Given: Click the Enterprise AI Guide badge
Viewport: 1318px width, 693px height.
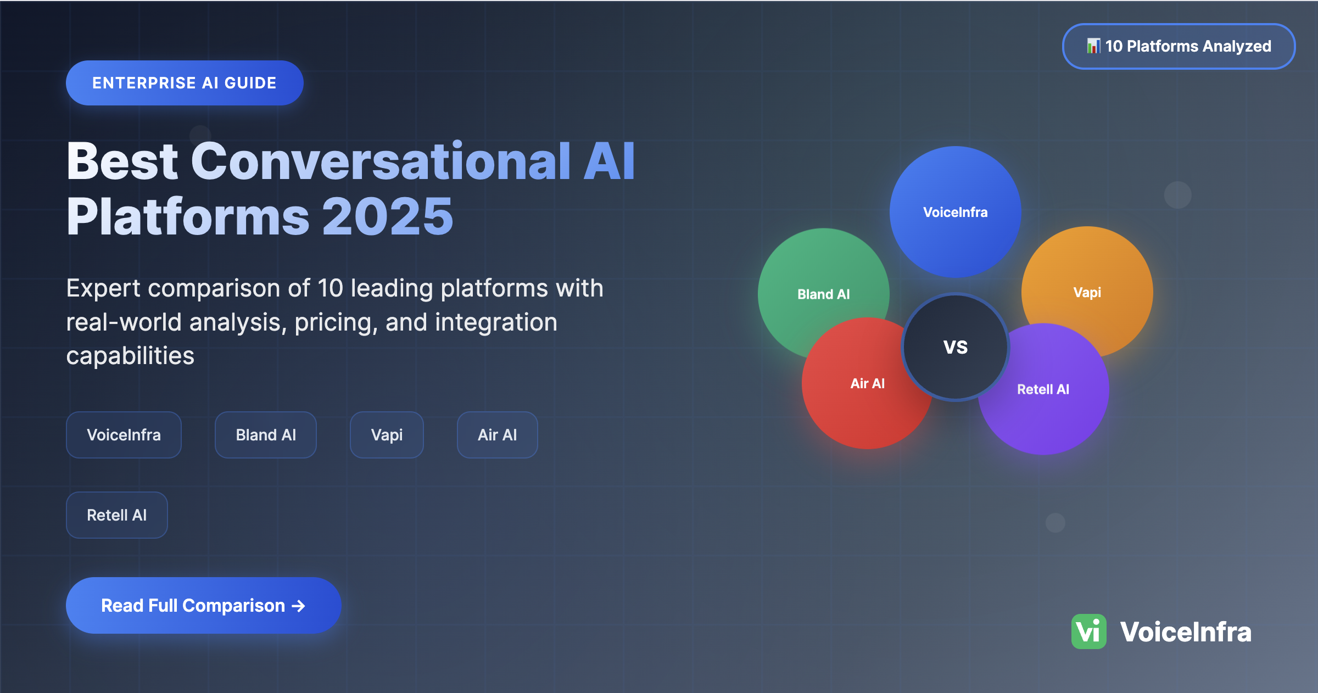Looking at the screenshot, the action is coord(185,83).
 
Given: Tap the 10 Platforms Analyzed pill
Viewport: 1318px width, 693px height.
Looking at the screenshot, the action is coord(1179,46).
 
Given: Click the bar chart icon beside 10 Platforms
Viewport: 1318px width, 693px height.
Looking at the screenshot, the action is coord(1093,46).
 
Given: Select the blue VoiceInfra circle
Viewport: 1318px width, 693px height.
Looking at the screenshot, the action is coord(956,211).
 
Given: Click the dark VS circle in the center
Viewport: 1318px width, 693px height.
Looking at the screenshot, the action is coord(956,347).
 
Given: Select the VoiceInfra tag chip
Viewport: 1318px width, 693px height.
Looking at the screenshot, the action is coord(124,435).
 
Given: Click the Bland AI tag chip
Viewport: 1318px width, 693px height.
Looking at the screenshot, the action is coord(266,435).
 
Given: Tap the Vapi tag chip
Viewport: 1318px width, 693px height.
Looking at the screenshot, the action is coord(387,435).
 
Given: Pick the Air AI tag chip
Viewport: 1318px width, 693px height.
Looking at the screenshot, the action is coord(497,435).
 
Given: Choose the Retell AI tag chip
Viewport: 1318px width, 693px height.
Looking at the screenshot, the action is coord(116,515).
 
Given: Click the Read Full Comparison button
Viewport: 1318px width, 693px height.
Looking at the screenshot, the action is coord(204,605).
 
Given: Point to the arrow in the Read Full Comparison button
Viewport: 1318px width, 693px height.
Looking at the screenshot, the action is coord(298,606).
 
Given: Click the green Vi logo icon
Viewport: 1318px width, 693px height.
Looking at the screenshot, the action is coord(1088,631).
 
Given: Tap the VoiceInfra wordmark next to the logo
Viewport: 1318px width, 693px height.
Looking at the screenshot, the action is coord(1186,631).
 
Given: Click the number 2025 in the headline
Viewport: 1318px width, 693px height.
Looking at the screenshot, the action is coord(388,217).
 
